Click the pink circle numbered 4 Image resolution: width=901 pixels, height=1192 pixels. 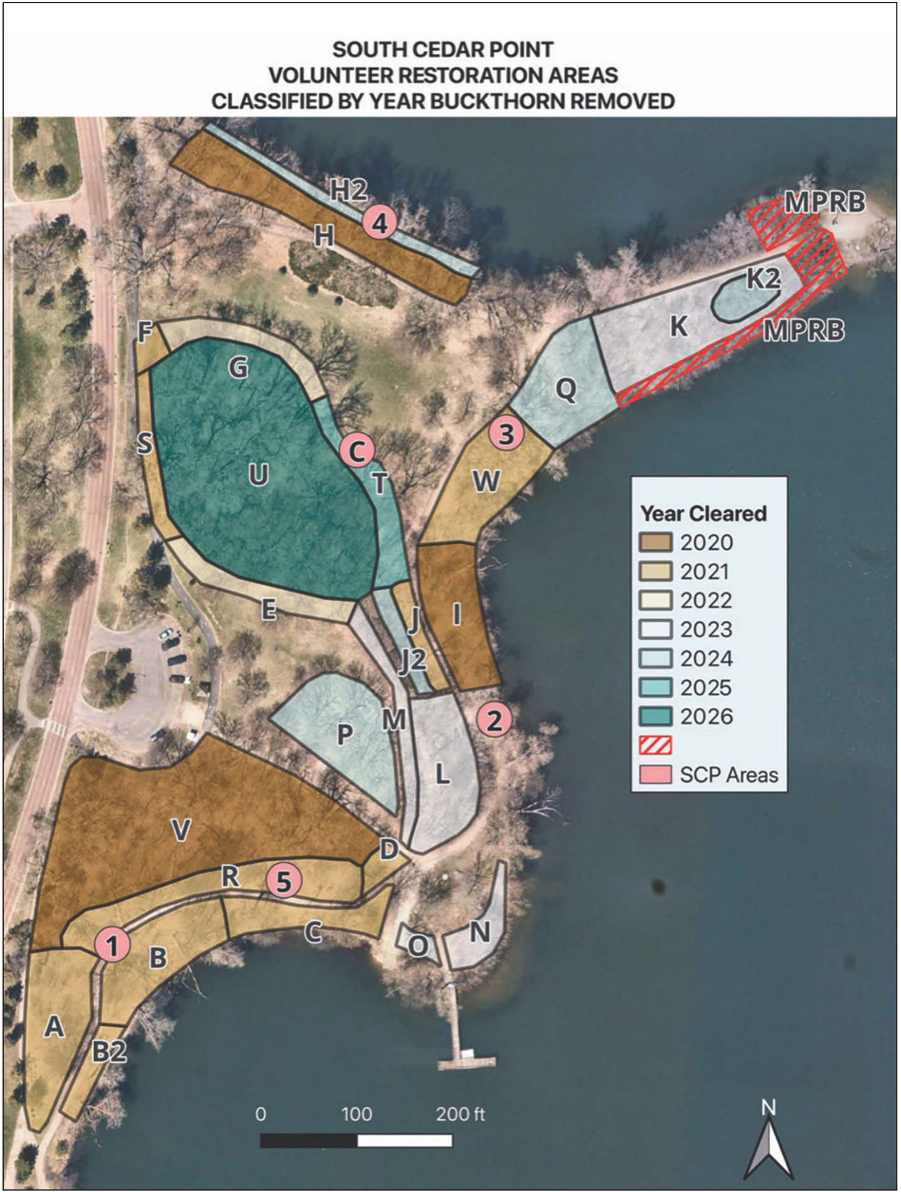380,222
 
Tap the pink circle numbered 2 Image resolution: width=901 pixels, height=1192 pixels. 494,720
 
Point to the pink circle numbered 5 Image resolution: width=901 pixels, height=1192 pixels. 284,881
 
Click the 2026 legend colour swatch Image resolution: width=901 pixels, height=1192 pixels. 656,717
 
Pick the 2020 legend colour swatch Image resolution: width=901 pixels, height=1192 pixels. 656,542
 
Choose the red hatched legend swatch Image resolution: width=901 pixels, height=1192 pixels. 656,746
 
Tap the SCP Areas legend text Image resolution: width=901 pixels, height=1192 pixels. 728,775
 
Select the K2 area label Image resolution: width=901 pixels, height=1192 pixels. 762,279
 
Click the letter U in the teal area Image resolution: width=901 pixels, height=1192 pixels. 258,475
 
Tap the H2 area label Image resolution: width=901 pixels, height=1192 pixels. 348,190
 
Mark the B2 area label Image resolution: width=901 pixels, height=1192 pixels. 109,1051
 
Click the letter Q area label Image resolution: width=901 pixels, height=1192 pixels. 566,390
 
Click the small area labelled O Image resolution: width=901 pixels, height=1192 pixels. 418,945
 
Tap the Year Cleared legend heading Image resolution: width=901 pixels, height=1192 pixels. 703,513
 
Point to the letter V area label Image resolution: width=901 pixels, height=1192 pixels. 181,830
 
